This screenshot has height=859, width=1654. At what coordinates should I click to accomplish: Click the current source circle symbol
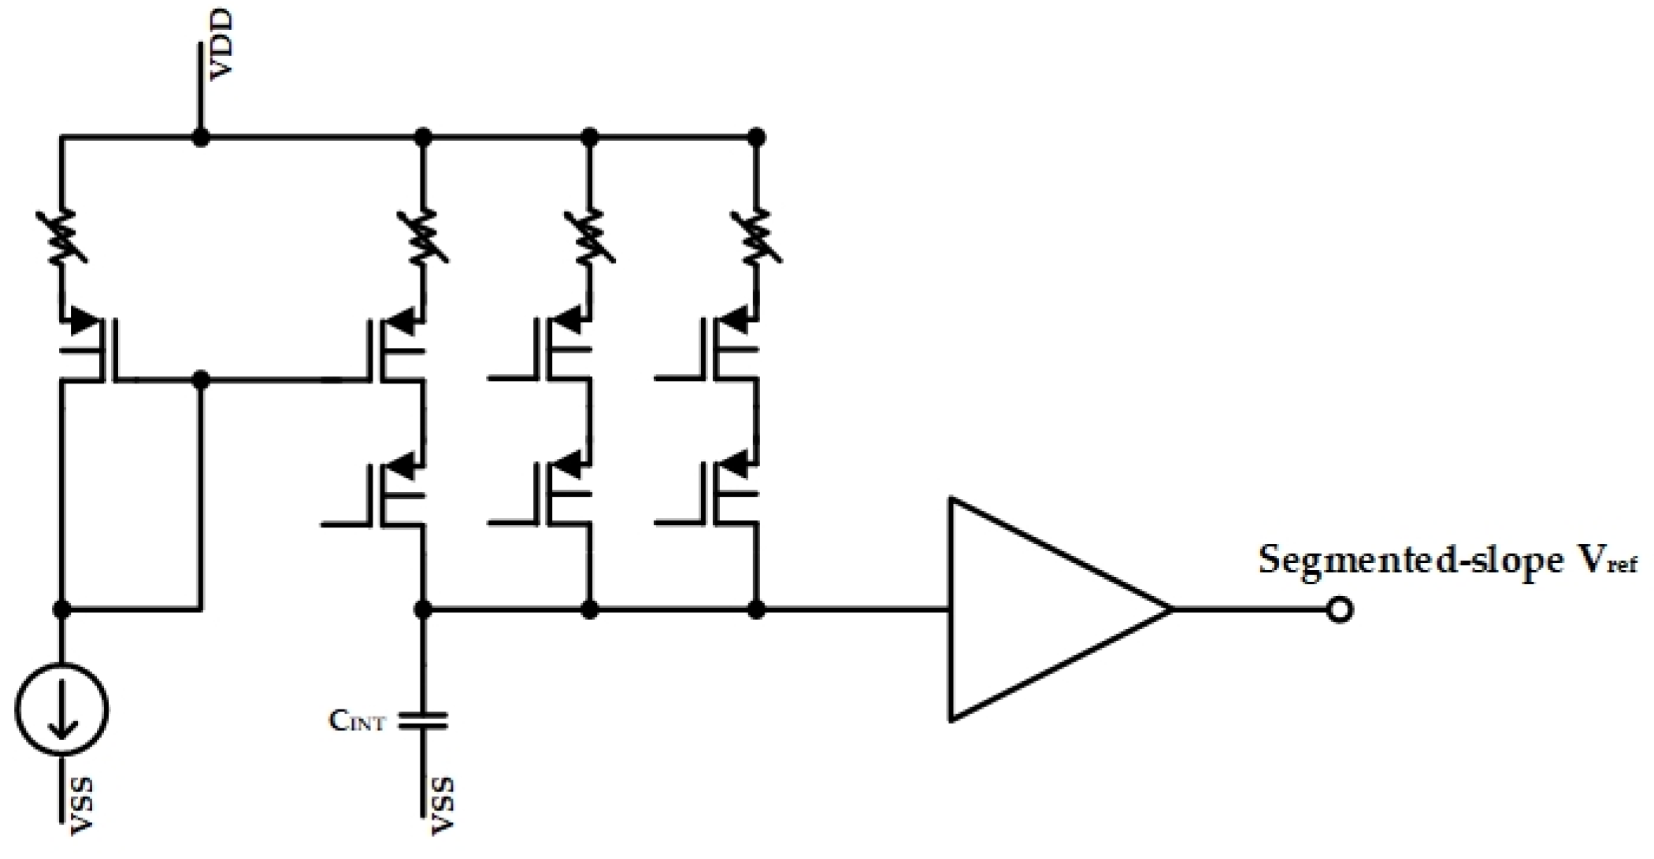coord(61,711)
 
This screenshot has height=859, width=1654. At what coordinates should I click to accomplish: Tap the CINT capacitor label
coord(357,720)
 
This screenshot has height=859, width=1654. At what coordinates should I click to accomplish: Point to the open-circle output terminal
coord(1340,609)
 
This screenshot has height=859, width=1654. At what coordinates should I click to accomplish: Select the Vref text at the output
coord(1603,561)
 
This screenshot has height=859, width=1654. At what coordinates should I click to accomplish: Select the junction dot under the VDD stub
coord(201,139)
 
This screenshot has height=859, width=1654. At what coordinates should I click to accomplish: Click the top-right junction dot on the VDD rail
coord(756,139)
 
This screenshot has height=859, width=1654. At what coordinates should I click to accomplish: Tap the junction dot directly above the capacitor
coord(423,609)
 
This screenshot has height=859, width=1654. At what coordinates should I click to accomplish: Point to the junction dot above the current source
coord(61,609)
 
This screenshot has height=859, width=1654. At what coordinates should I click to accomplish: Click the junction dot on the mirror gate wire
coord(201,381)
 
